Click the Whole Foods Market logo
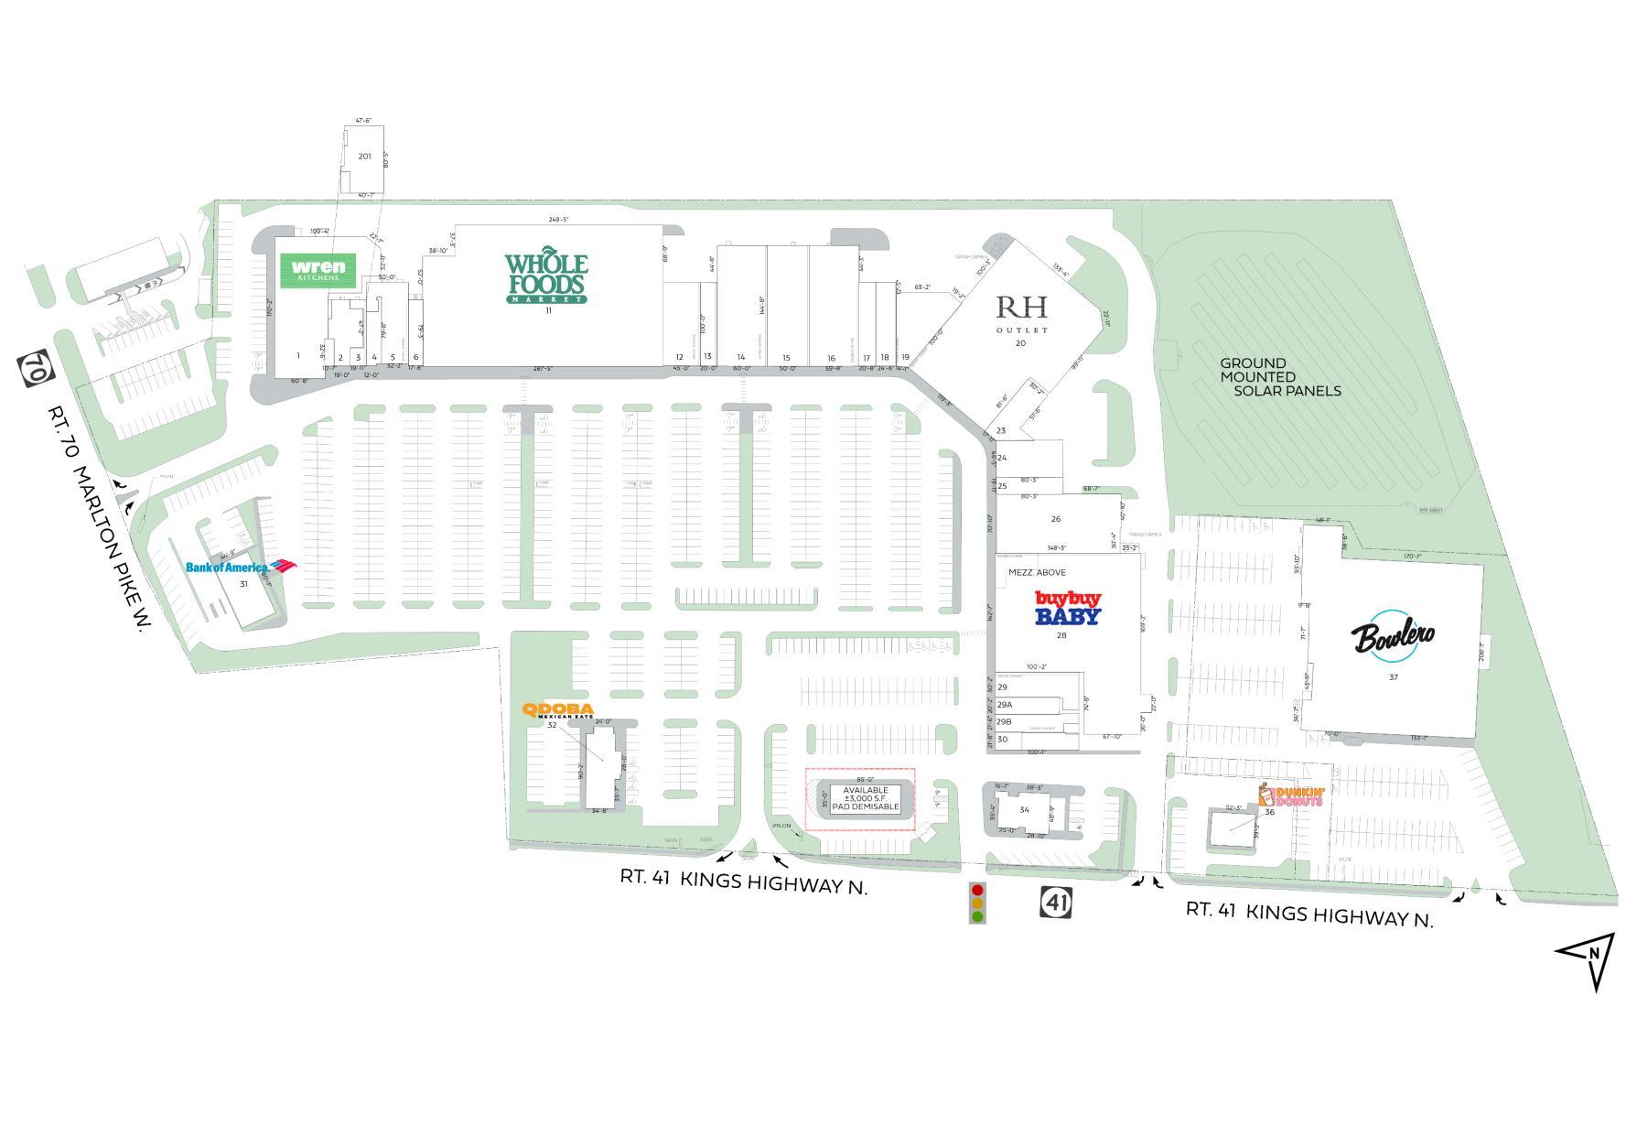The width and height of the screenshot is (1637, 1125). click(546, 276)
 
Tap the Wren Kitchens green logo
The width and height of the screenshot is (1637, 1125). click(317, 270)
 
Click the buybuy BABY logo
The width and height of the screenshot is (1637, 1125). click(1067, 608)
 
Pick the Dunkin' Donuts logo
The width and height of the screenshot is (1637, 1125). click(1292, 796)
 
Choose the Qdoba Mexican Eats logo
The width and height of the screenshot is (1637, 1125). click(557, 711)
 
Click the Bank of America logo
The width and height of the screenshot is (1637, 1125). click(241, 567)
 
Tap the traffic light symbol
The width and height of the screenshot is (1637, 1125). click(978, 903)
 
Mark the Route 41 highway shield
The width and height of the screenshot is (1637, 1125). click(1055, 903)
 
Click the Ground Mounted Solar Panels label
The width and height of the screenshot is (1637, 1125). click(1279, 377)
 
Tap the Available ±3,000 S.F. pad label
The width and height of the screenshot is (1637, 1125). click(865, 798)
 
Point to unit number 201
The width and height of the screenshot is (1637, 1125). click(365, 157)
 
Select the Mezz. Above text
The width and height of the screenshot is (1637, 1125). click(1037, 573)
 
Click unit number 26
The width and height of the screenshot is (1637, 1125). click(1055, 519)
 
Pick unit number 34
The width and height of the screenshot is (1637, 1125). click(1024, 810)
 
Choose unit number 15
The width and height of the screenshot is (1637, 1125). click(786, 358)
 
